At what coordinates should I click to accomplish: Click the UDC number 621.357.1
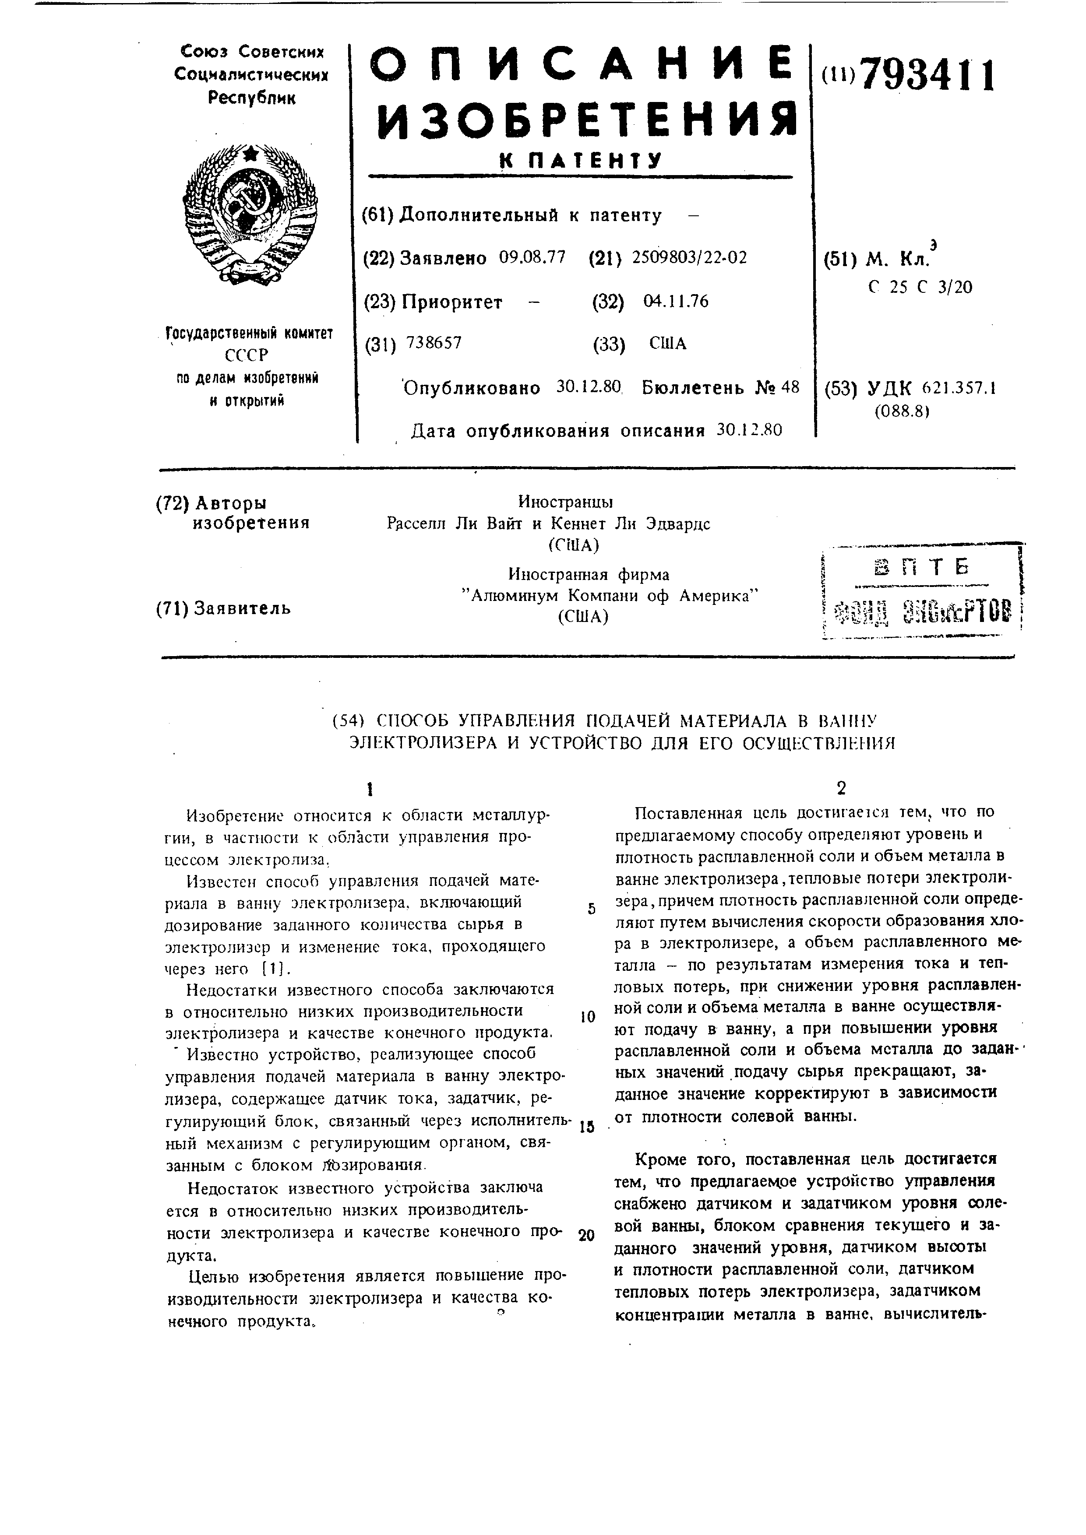958,388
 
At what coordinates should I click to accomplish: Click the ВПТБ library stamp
921,592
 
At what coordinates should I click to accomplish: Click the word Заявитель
242,608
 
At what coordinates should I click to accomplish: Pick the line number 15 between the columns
586,1127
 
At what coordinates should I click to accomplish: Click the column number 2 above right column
841,788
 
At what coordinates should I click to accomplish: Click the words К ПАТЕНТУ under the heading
581,161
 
